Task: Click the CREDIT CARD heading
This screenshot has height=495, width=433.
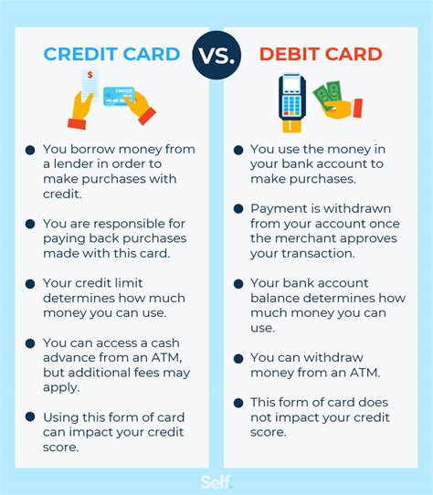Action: pos(112,53)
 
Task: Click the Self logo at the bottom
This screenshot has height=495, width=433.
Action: pos(216,481)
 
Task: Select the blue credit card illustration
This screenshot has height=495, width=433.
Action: pos(119,95)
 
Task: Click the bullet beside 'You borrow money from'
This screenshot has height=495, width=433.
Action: pos(30,150)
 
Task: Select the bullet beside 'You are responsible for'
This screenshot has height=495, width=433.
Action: pos(30,224)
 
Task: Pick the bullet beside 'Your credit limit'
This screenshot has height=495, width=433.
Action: pos(30,284)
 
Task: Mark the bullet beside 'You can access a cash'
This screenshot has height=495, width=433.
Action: pos(30,344)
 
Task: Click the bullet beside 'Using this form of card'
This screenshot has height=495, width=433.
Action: pos(30,418)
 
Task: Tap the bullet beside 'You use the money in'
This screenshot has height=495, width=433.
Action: pos(238,150)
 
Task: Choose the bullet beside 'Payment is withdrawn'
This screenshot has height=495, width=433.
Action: pos(238,209)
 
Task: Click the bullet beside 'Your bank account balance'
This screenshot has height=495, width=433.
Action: pos(238,284)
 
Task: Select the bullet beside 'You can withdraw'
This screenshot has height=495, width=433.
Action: pos(238,358)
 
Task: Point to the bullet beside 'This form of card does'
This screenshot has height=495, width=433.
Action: pos(238,403)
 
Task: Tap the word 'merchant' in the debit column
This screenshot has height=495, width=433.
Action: pos(280,238)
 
